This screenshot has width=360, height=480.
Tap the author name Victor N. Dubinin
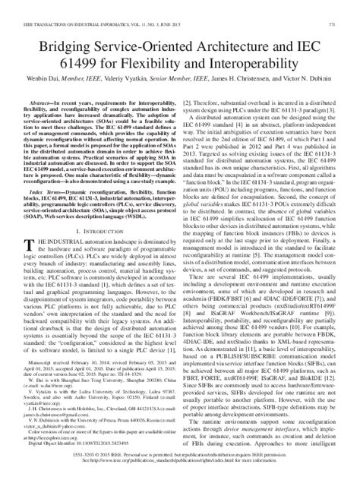(x=312, y=65)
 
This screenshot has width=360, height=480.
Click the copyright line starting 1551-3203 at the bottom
(x=180, y=469)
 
